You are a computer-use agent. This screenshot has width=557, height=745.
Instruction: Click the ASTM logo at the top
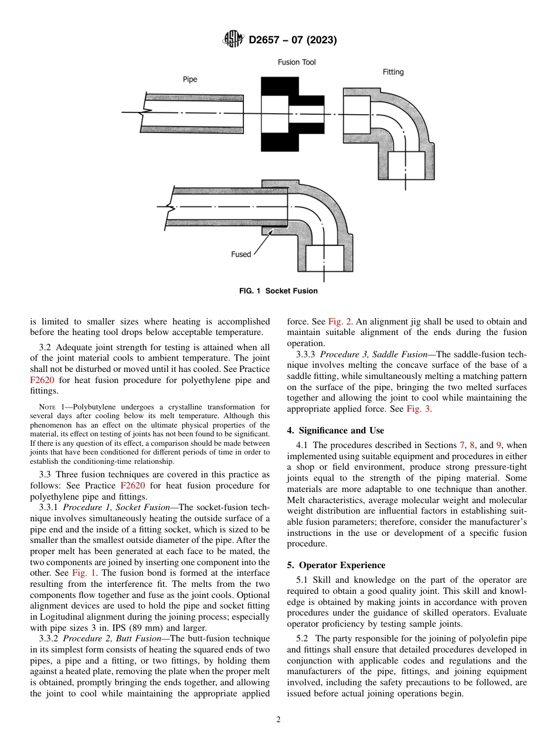pos(234,40)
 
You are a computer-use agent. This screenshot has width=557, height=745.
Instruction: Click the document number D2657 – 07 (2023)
pos(293,40)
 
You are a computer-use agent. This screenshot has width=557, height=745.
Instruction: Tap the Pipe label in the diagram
pos(190,80)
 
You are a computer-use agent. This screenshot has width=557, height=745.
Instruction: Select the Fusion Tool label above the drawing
pos(297,62)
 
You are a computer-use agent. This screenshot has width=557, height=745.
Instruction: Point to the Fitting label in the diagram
pos(393,72)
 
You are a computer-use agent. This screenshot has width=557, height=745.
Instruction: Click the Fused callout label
pos(241,254)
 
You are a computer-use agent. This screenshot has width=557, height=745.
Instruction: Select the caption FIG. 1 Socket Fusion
pos(278,291)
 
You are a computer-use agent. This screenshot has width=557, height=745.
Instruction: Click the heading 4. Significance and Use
pos(335,430)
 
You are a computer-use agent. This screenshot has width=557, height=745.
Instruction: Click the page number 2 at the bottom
pos(278,720)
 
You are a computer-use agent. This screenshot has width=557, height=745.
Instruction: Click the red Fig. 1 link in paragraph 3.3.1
pos(73,573)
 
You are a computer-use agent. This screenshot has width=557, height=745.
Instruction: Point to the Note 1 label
pos(49,407)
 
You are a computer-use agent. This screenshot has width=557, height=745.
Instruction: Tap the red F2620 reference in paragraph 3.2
pos(41,380)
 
